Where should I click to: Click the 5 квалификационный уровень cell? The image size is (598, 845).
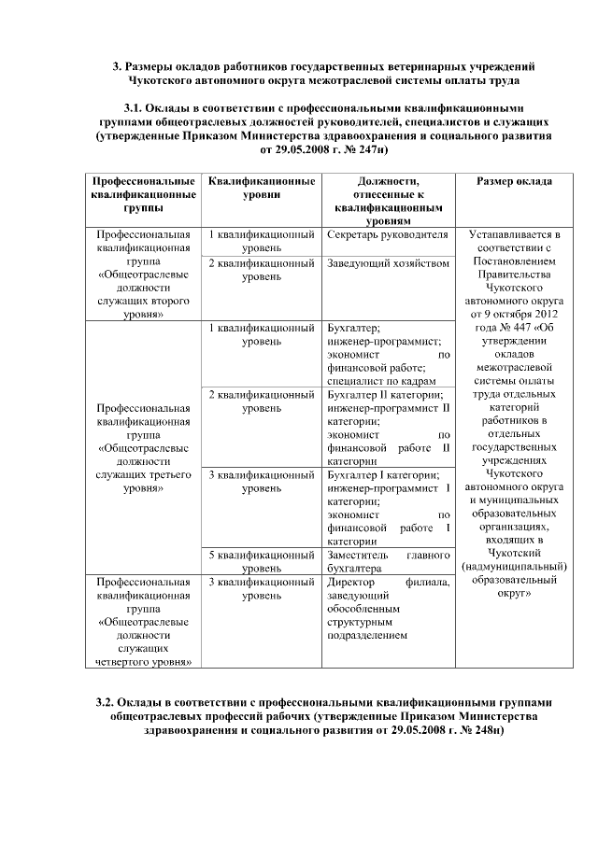(260, 560)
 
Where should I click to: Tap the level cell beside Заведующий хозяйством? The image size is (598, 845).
(260, 271)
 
